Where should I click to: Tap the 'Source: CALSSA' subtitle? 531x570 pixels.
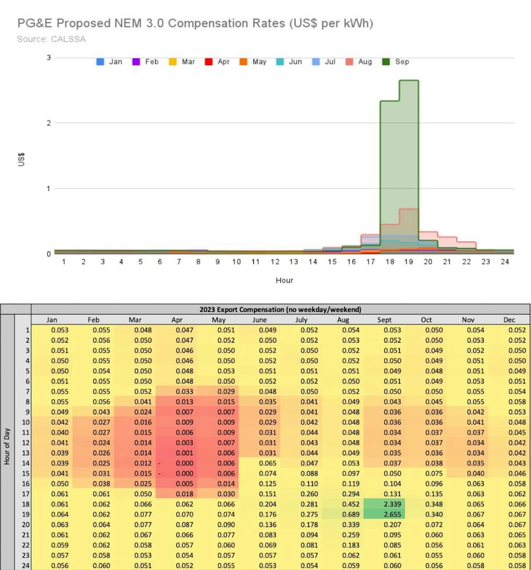[x=51, y=39]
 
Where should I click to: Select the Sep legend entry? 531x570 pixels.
[x=396, y=62]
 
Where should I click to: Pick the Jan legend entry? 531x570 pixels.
[x=109, y=62]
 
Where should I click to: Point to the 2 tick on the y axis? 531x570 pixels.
[x=48, y=123]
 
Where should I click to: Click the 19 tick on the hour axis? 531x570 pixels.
[x=409, y=262]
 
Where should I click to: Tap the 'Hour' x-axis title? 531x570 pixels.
[x=284, y=280]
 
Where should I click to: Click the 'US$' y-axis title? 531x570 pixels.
[x=22, y=158]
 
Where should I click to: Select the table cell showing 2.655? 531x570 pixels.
[x=384, y=514]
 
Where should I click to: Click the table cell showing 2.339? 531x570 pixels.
[x=384, y=504]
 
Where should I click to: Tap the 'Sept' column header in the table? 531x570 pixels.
[x=384, y=320]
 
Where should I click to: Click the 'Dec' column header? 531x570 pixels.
[x=509, y=320]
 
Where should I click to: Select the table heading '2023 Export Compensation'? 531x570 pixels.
[x=280, y=309]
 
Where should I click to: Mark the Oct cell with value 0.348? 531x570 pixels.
[x=426, y=504]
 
